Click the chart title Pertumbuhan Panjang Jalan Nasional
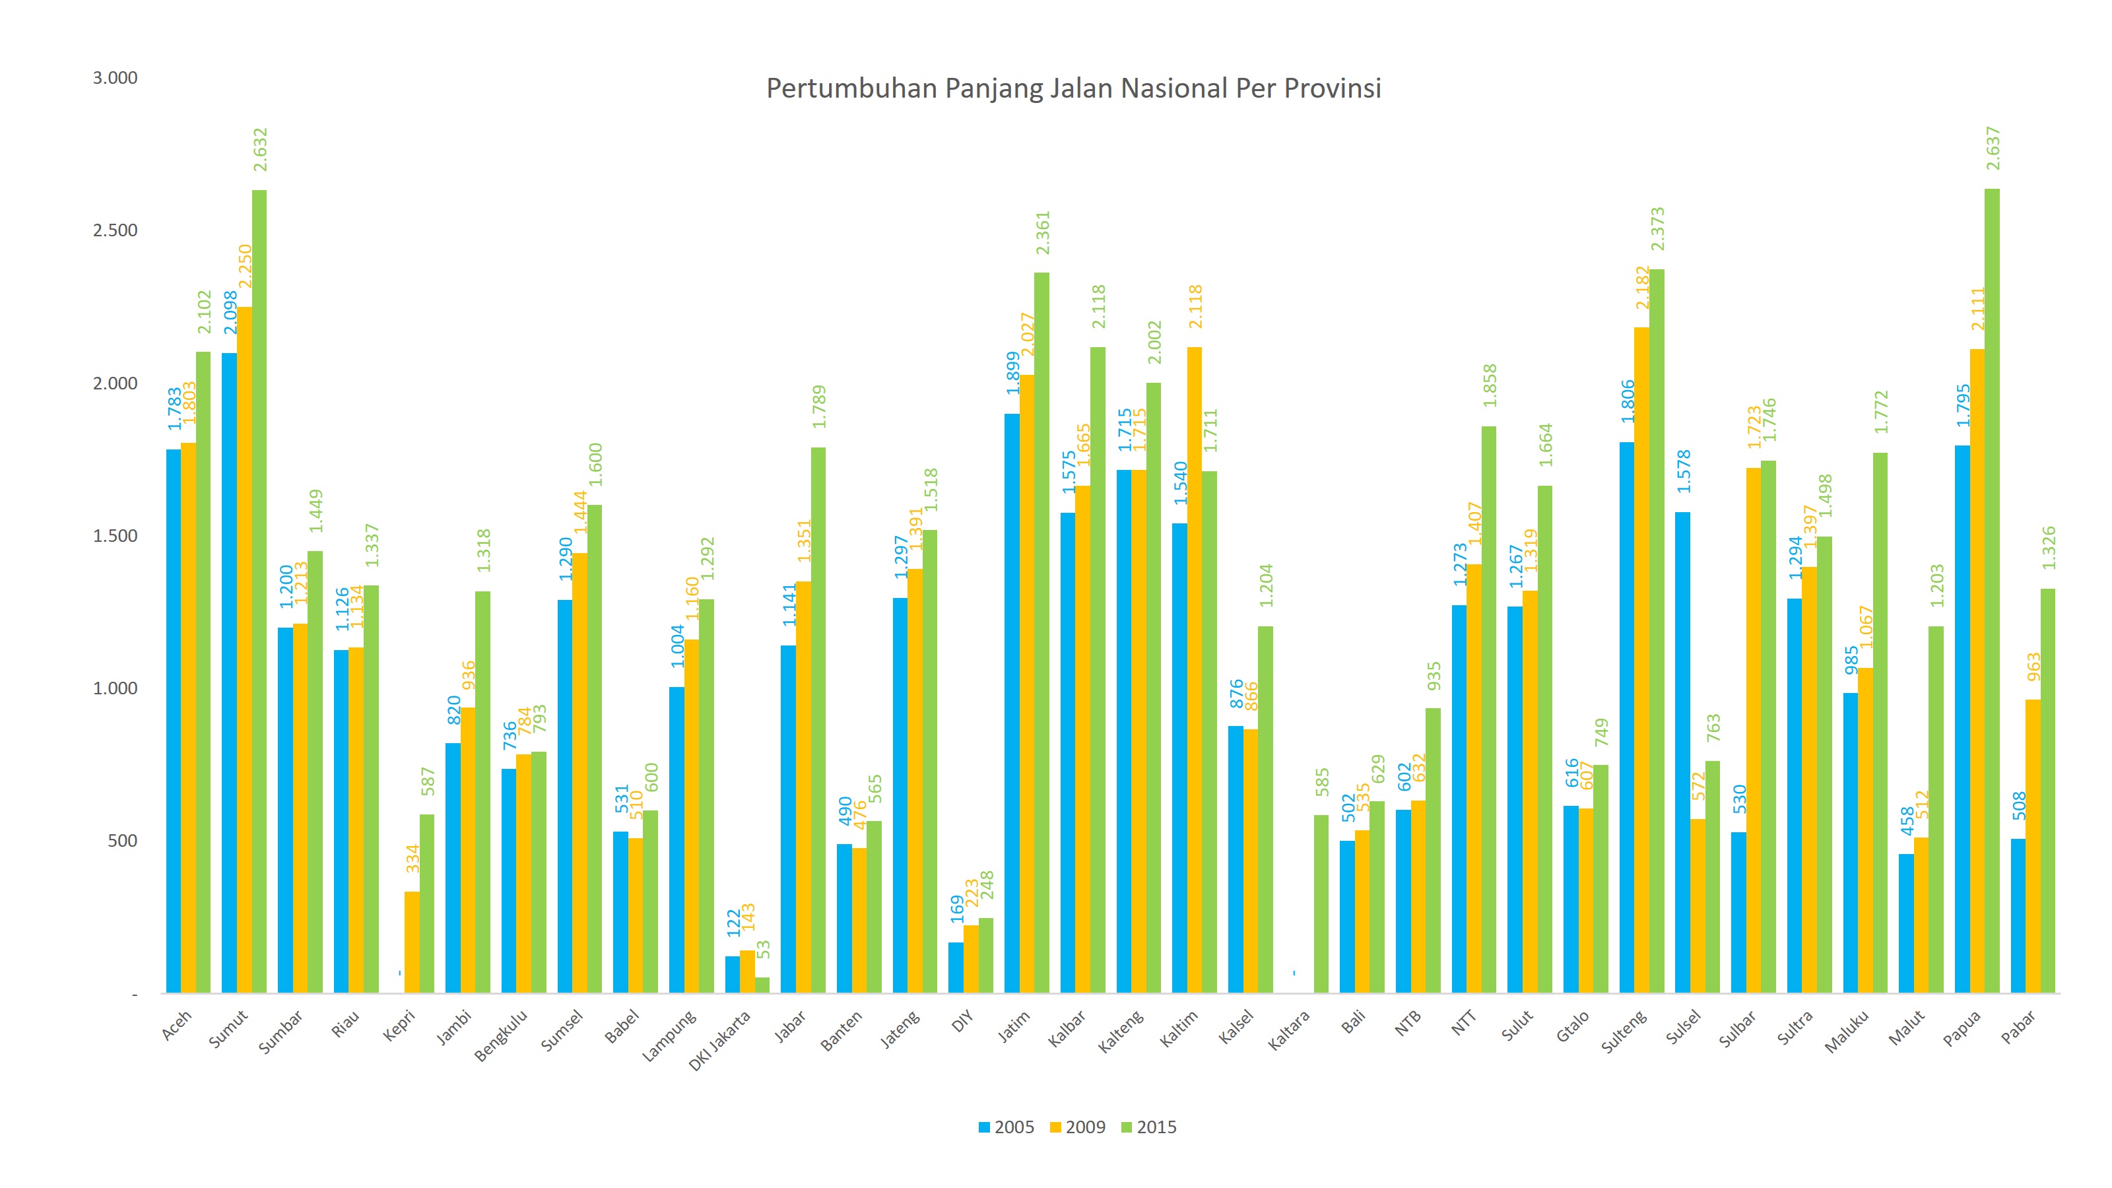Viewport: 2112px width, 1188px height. click(x=1073, y=88)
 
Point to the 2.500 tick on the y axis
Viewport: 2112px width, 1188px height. click(x=115, y=230)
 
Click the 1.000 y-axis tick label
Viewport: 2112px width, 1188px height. click(x=115, y=688)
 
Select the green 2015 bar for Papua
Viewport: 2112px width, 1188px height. click(x=1991, y=590)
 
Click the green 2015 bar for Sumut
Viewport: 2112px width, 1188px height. click(x=259, y=590)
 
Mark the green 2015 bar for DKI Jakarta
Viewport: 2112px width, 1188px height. click(x=762, y=985)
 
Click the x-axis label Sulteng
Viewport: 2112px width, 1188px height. click(x=1624, y=1032)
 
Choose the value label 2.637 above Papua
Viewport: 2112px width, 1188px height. click(x=1993, y=148)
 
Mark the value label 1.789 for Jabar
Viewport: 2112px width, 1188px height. click(x=819, y=407)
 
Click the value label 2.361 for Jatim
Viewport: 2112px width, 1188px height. click(x=1042, y=233)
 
